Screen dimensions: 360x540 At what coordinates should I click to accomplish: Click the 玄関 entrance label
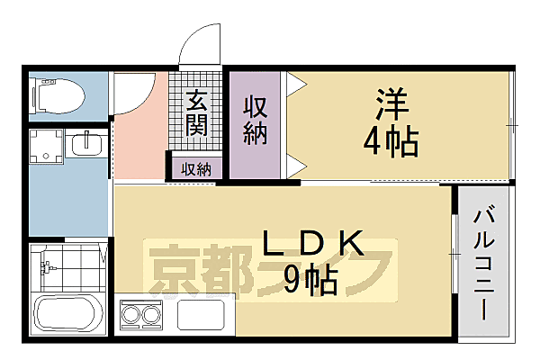[197, 112]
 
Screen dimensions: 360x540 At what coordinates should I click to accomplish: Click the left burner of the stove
[131, 315]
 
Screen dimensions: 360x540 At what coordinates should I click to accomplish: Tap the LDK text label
[312, 243]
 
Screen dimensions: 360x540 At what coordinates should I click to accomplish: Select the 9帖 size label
[310, 281]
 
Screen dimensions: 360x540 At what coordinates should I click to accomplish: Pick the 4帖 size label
[389, 139]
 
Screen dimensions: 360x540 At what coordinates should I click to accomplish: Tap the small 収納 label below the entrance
[195, 168]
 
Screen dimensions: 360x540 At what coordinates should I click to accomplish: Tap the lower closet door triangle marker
[296, 165]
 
